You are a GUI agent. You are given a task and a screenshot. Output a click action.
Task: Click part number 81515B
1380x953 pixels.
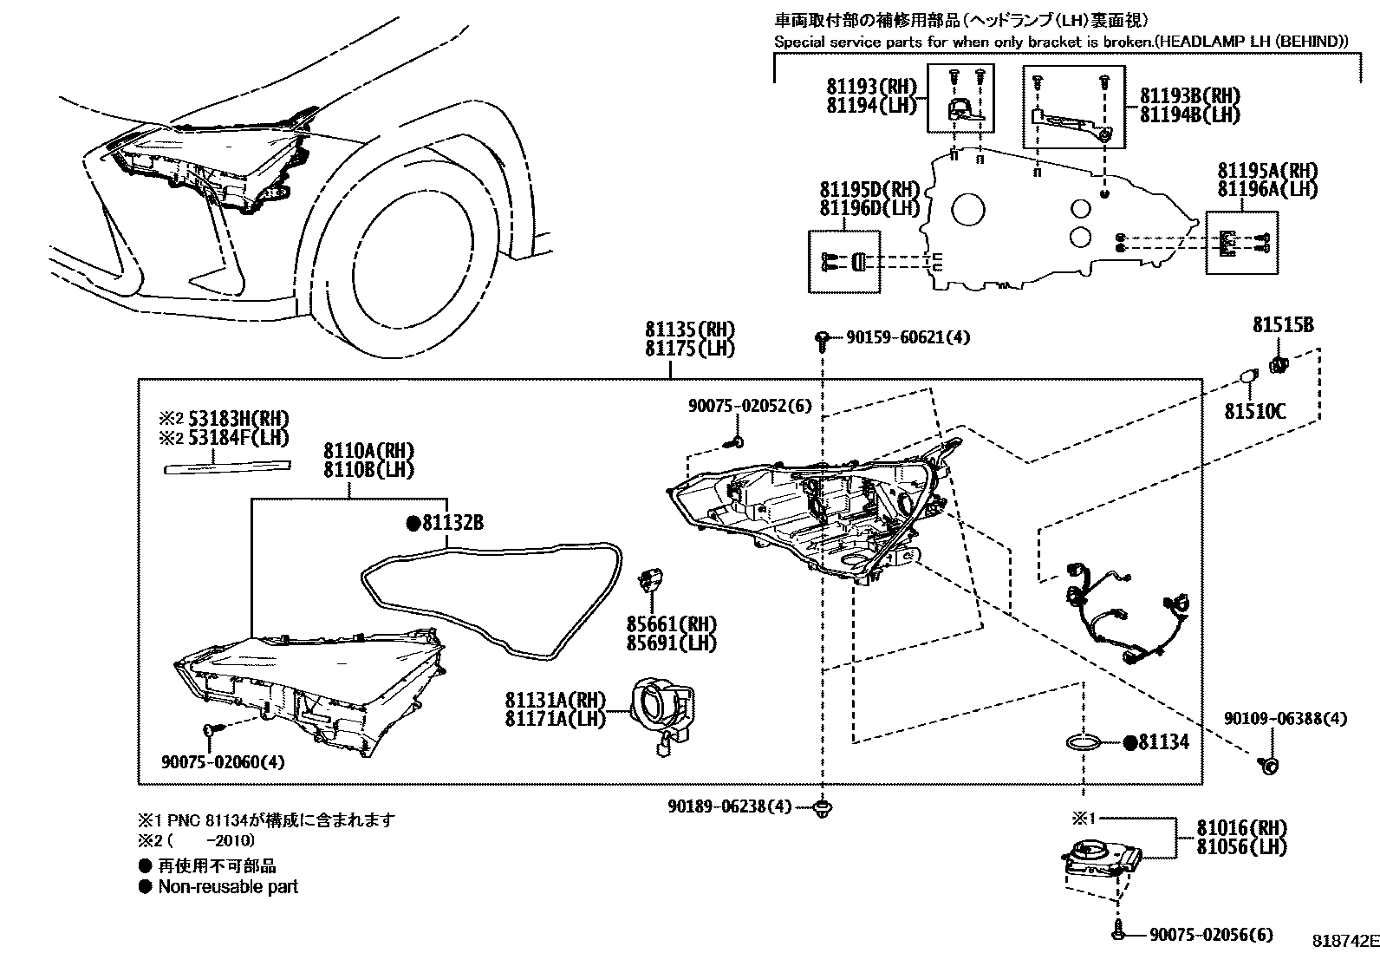click(x=1282, y=325)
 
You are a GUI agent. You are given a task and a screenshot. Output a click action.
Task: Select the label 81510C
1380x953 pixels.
click(x=1254, y=411)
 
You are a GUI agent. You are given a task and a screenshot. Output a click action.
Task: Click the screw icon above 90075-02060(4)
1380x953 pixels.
click(x=211, y=731)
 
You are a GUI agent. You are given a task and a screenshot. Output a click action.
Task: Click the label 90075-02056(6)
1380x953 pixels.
click(x=1211, y=934)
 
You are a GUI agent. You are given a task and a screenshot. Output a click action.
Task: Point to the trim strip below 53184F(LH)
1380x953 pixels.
click(x=227, y=467)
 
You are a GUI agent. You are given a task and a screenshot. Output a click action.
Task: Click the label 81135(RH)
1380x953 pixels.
click(x=689, y=330)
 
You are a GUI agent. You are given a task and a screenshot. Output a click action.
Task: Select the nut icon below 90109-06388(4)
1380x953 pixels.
click(x=1269, y=764)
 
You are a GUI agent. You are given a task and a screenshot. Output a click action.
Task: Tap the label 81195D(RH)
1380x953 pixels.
click(x=869, y=190)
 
